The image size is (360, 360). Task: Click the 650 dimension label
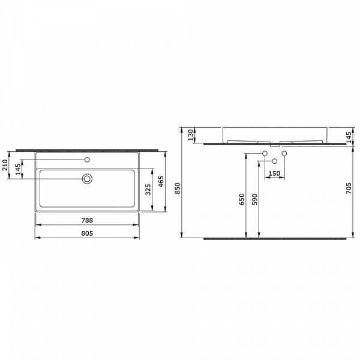click(242, 199)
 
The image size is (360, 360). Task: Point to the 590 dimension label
click(254, 199)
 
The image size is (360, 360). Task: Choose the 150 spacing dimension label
click(275, 173)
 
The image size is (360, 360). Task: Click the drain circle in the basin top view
click(88, 178)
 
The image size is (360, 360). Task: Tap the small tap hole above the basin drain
click(88, 160)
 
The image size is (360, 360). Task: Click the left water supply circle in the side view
click(264, 155)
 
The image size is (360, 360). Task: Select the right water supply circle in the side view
click(284, 155)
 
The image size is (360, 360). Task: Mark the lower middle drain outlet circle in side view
click(274, 161)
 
